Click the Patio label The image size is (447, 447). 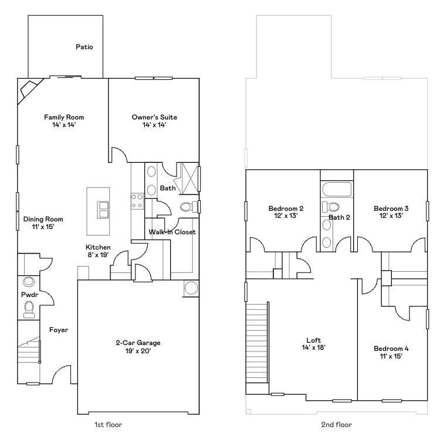coord(84,47)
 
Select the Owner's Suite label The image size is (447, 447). coord(154,117)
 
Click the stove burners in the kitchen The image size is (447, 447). coord(137,201)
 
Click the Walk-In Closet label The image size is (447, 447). coord(172,232)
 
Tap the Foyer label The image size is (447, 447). coord(58,330)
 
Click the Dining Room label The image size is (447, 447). coord(43,219)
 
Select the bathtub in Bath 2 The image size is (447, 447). coord(336,189)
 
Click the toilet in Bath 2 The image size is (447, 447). coord(331,207)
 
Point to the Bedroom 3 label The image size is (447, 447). coord(391,209)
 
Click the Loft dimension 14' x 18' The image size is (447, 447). coord(313,347)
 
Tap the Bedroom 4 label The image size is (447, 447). coord(391,349)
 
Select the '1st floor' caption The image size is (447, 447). coord(109,424)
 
